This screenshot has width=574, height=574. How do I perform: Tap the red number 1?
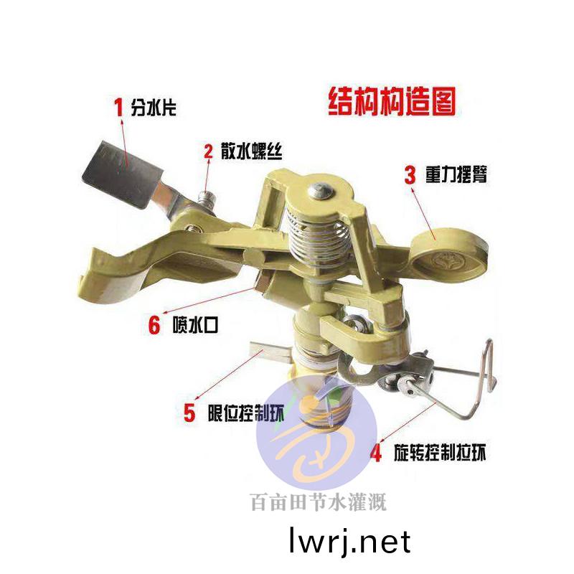120,108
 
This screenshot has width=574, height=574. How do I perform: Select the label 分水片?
153,109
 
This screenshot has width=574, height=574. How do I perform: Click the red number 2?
209,151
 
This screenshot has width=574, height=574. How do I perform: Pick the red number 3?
410,174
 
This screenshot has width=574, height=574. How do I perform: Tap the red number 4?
376,453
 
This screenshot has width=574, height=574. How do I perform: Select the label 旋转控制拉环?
441,453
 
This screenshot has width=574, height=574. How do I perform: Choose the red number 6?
154,324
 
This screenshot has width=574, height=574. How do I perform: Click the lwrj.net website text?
349,541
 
